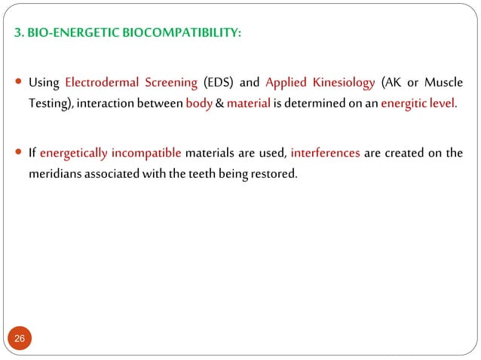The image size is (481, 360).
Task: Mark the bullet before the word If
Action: tap(19, 154)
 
